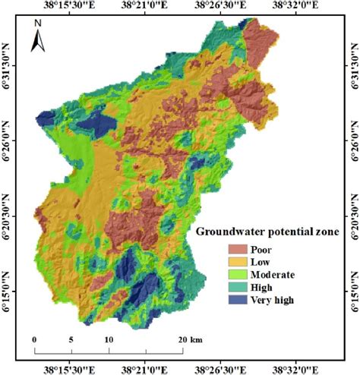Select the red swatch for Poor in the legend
tap(238, 248)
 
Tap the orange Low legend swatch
tap(238, 261)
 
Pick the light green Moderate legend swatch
tap(238, 274)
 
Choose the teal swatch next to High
tap(238, 287)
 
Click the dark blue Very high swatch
tap(238, 300)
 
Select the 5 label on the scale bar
tap(71, 339)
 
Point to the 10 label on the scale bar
tap(108, 339)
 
